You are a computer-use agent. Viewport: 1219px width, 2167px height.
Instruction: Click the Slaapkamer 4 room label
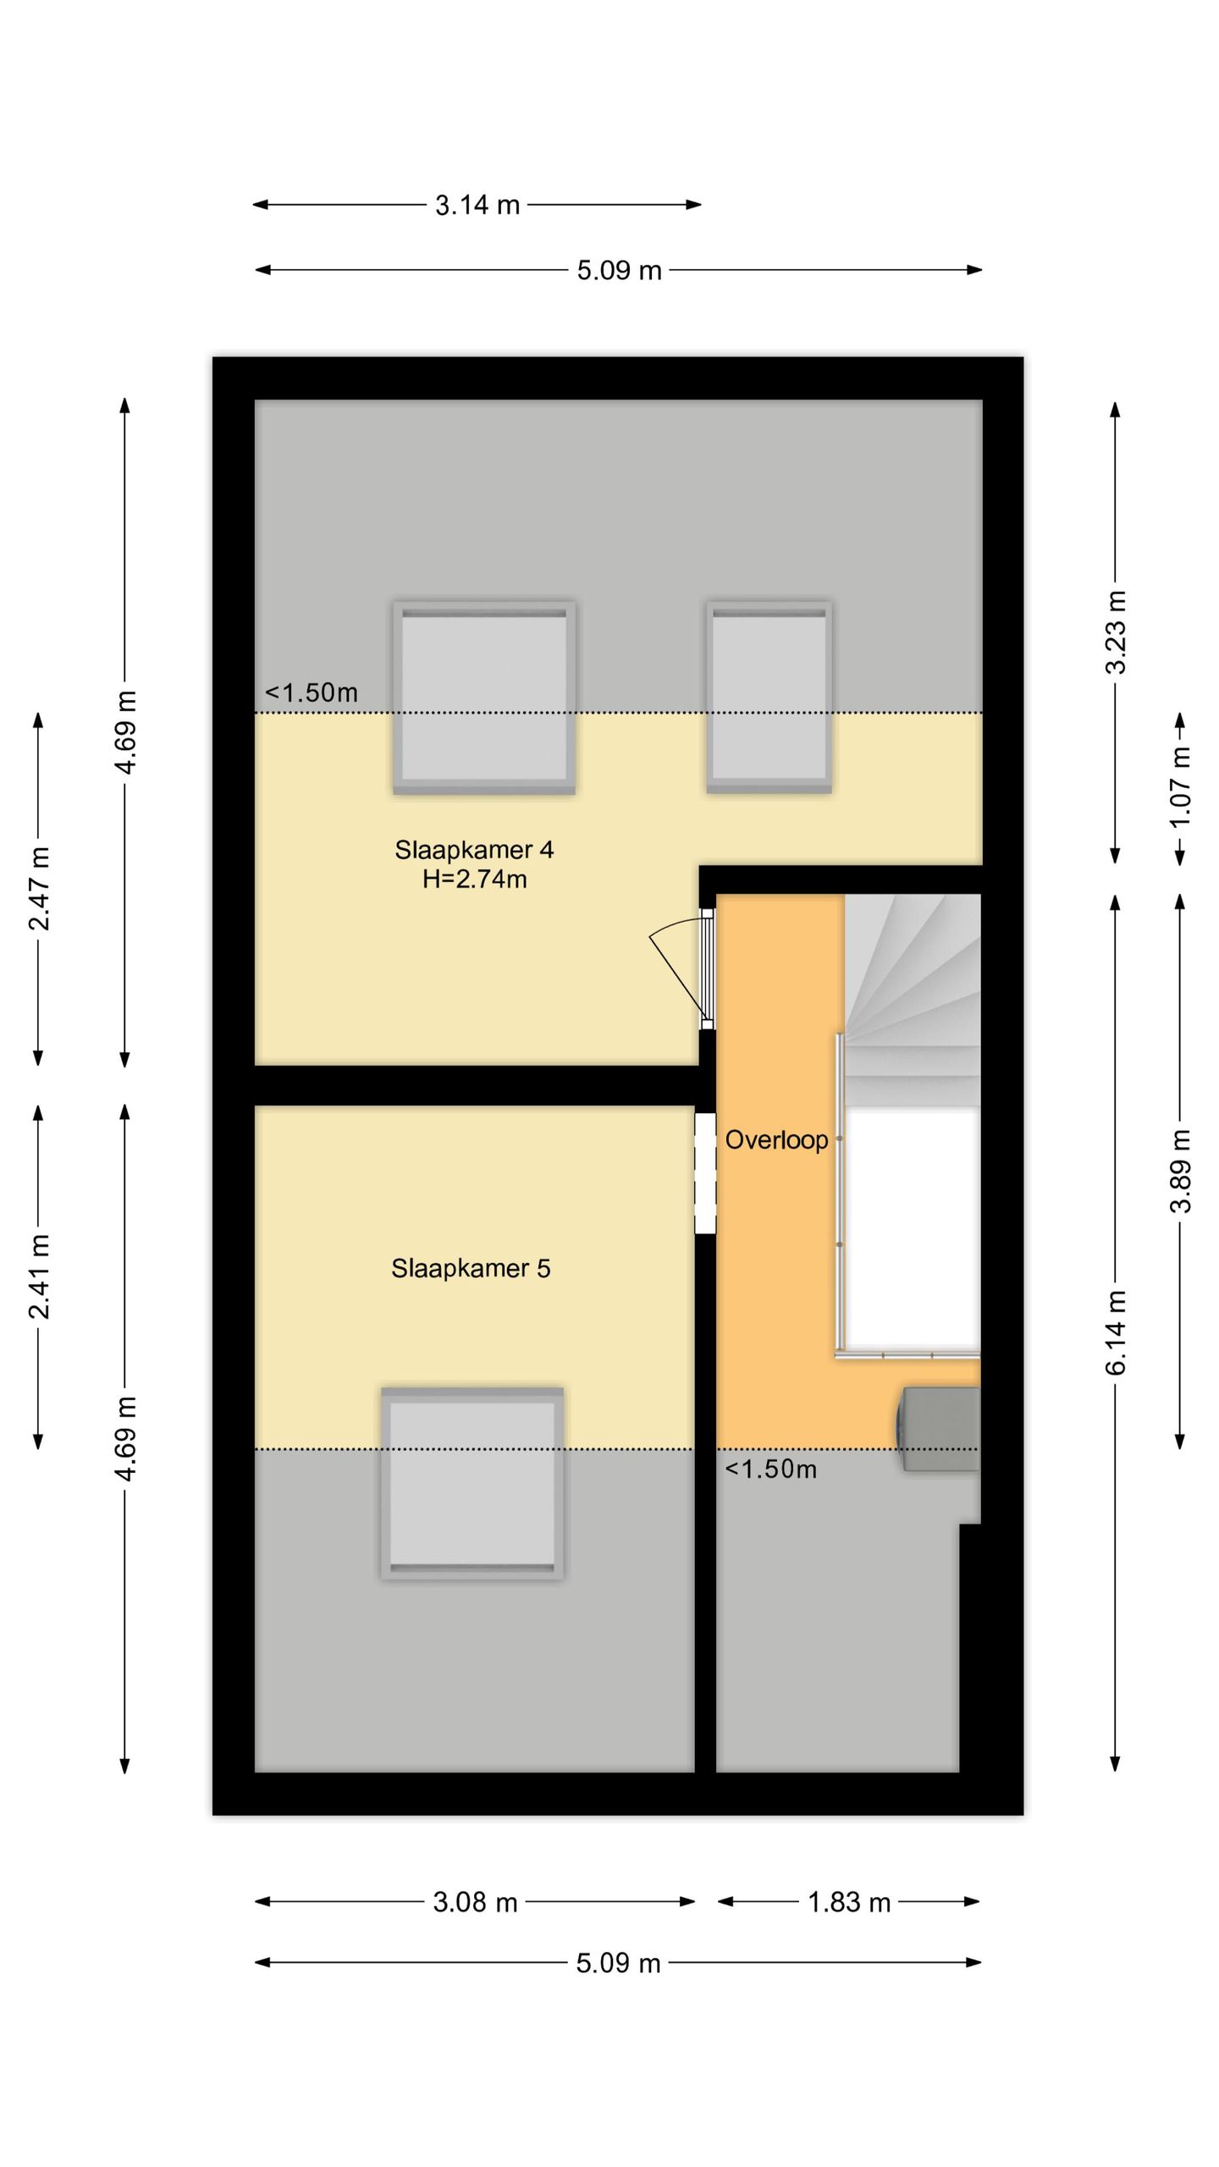point(474,850)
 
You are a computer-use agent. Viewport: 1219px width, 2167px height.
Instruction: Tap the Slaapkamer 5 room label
point(471,1268)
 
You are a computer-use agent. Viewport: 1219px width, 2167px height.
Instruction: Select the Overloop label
point(775,1140)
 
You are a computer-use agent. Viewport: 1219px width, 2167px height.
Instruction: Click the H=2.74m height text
point(474,879)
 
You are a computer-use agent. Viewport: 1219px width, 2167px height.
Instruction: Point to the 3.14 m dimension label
point(477,205)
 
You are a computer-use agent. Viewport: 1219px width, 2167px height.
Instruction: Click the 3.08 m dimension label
point(474,1902)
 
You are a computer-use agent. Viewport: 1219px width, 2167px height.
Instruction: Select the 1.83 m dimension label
point(848,1903)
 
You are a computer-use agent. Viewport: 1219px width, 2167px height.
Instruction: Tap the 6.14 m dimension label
point(1116,1333)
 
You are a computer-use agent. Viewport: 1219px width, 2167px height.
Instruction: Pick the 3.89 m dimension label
point(1180,1171)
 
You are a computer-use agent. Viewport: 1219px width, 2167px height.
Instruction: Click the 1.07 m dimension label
point(1180,789)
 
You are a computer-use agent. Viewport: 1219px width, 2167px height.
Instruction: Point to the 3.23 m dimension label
point(1116,632)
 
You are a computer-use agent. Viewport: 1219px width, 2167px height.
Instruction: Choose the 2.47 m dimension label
point(39,889)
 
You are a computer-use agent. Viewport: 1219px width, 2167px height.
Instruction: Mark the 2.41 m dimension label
point(39,1276)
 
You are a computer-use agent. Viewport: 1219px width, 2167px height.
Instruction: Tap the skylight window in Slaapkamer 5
point(472,1482)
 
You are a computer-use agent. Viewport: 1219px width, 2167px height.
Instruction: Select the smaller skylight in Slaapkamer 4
point(769,697)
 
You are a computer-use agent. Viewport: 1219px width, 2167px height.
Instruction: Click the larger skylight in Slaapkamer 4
point(483,697)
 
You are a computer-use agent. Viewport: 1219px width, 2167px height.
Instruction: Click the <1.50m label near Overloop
point(770,1469)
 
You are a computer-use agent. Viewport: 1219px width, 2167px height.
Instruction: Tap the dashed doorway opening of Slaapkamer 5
point(705,1172)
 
